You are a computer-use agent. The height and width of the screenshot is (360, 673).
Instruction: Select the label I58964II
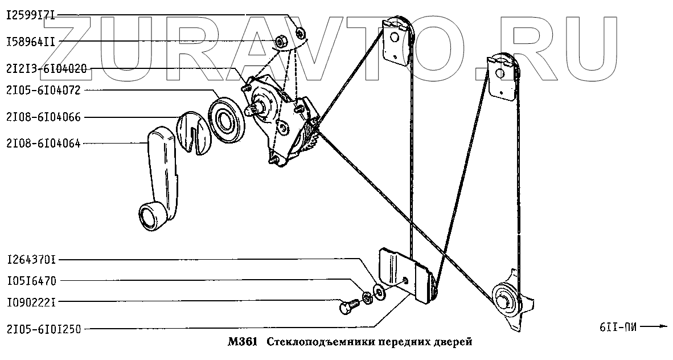(x=31, y=42)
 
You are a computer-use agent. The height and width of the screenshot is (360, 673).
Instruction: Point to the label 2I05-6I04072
(x=44, y=91)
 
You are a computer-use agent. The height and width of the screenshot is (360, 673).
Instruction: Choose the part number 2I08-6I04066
(x=44, y=117)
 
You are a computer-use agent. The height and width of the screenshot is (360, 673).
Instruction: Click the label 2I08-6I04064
(x=44, y=143)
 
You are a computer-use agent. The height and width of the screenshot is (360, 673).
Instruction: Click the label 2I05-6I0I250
(x=44, y=329)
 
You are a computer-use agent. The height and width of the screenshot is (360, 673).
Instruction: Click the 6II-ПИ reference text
(x=617, y=327)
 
